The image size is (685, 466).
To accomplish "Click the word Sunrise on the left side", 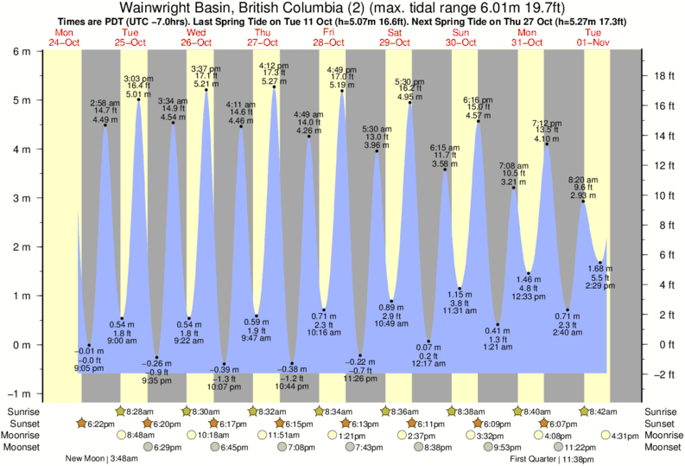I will (22, 412).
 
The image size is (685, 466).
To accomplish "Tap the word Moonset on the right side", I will (661, 448).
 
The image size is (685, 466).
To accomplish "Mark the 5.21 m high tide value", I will (206, 84).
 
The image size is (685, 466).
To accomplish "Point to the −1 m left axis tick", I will (19, 393).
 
